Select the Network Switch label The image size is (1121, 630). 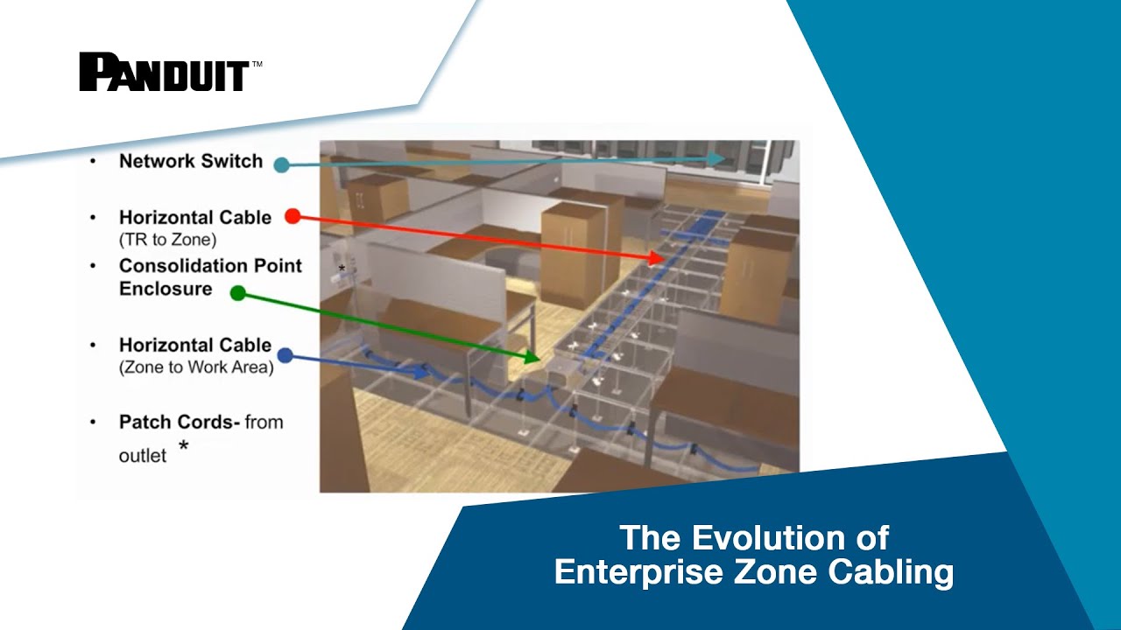click(191, 161)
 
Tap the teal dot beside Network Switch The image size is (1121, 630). click(281, 165)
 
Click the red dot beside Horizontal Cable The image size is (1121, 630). click(293, 216)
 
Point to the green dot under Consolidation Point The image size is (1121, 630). click(237, 293)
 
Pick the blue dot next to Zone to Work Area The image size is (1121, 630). click(285, 356)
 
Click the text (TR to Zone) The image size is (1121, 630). click(167, 239)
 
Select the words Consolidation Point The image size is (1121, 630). click(210, 266)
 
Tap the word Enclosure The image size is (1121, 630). click(166, 289)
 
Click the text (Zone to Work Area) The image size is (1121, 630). click(196, 367)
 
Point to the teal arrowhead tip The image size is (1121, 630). click(723, 158)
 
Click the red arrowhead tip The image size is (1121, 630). click(663, 259)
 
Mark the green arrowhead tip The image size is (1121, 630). click(536, 357)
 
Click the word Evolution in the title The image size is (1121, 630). click(753, 537)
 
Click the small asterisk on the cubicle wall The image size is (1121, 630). click(342, 269)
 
